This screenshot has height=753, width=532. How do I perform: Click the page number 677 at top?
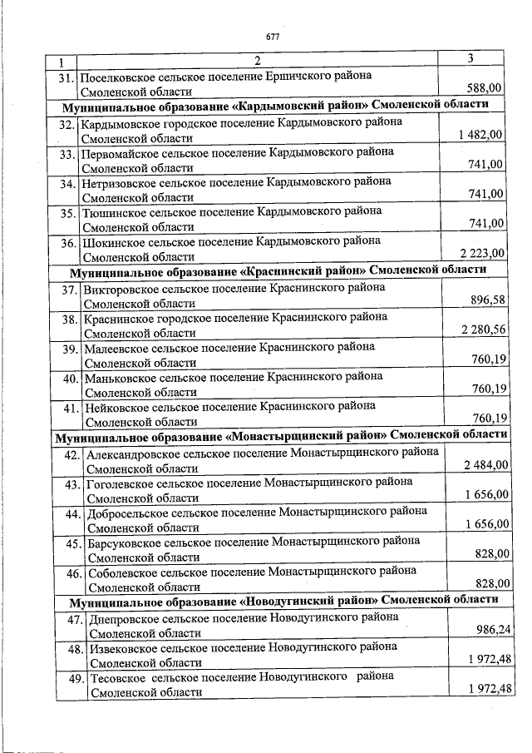[272, 37]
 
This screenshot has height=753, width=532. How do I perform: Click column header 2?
[257, 61]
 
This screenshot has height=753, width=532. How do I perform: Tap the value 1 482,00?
[480, 135]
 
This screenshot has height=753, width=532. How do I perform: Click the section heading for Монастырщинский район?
[281, 435]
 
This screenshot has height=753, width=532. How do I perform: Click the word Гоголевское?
[117, 482]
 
